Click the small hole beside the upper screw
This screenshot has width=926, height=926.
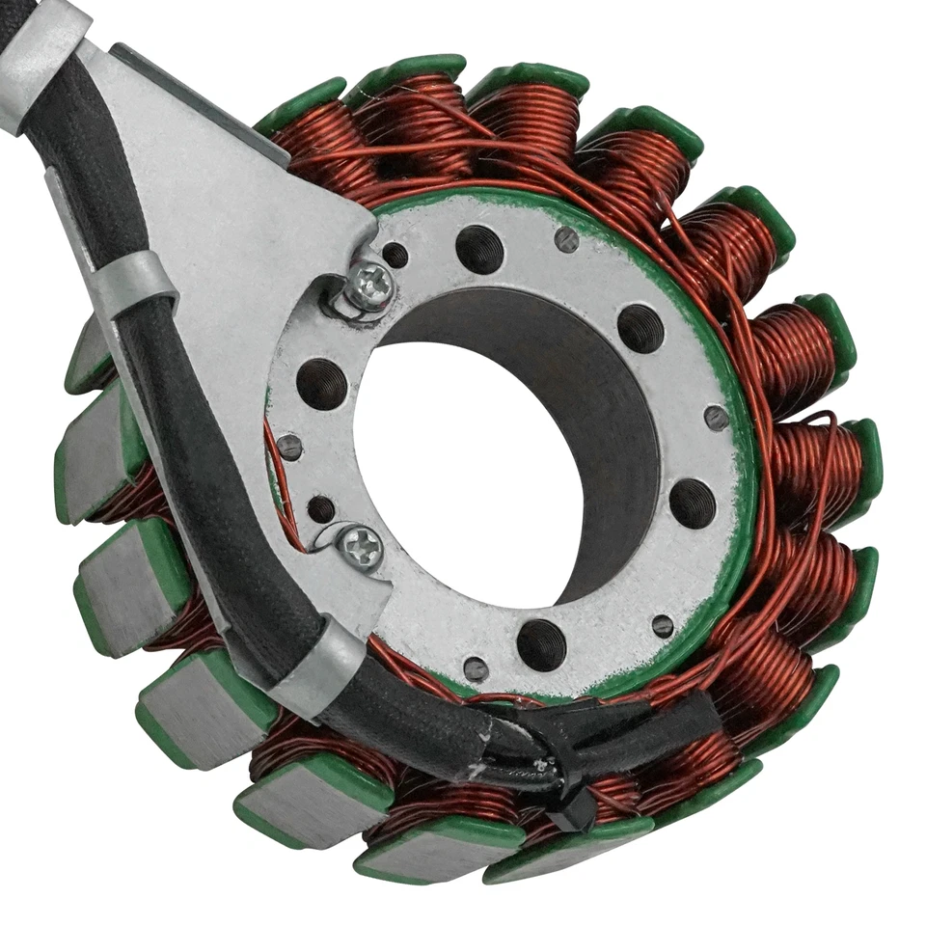click(395, 256)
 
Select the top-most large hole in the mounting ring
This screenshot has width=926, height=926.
click(479, 249)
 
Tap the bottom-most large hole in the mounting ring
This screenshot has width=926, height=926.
click(541, 644)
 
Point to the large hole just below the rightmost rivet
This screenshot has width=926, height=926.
click(693, 503)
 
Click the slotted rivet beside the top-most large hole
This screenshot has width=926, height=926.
click(567, 239)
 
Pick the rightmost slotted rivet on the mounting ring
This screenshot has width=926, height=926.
click(717, 417)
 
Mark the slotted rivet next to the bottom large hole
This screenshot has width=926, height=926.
click(476, 668)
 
